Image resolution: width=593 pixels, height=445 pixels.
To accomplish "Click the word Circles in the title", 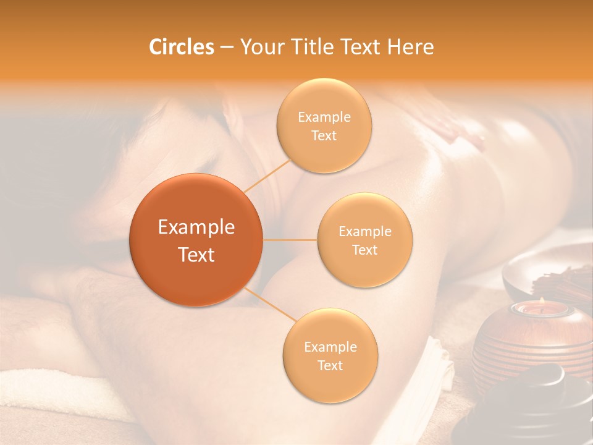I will click(x=181, y=47).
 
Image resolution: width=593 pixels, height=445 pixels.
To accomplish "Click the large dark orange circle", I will click(x=196, y=240).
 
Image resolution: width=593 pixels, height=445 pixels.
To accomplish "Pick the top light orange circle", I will click(x=324, y=126).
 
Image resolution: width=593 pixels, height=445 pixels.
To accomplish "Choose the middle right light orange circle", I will click(x=364, y=240).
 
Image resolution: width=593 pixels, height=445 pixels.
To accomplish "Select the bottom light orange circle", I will click(x=330, y=356).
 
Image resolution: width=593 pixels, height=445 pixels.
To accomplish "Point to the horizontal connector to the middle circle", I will click(x=290, y=240).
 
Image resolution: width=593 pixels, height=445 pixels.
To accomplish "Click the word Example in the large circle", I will click(x=196, y=227).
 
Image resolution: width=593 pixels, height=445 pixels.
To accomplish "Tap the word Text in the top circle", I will click(x=324, y=136).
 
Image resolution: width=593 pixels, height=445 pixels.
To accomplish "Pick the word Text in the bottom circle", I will click(x=330, y=366).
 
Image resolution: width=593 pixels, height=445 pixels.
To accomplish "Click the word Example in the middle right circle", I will click(x=364, y=231).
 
